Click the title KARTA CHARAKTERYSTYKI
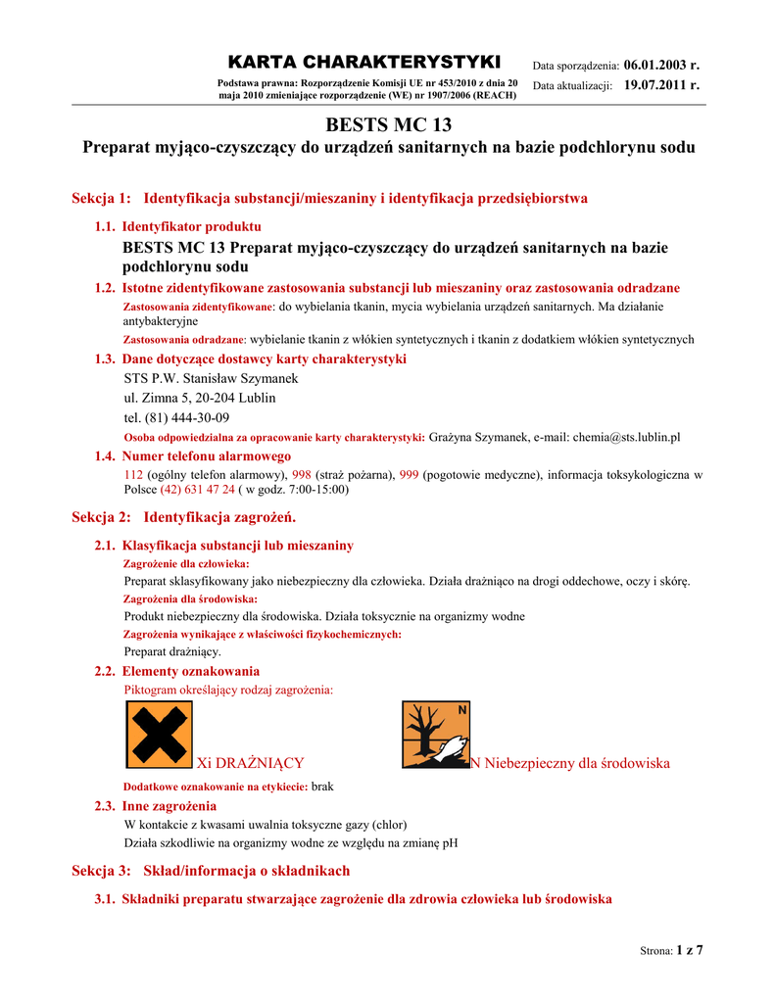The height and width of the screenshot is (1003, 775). (x=363, y=63)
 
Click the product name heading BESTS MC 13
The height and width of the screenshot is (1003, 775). (x=388, y=125)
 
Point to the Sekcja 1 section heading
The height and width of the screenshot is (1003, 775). (x=330, y=199)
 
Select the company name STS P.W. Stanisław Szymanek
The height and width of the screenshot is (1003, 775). (x=211, y=378)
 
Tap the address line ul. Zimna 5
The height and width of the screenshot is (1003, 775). (x=200, y=398)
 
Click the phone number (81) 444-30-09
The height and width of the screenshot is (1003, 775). (x=176, y=417)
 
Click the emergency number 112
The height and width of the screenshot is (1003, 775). (x=133, y=474)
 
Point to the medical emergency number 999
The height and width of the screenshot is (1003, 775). (x=409, y=474)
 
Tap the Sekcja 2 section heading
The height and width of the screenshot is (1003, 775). (x=184, y=516)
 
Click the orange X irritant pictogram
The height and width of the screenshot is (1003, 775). (x=159, y=735)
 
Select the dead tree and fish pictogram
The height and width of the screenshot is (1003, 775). (x=436, y=735)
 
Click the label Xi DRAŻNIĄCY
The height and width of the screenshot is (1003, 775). (x=251, y=763)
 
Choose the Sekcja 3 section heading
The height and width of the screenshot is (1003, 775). (x=211, y=871)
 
